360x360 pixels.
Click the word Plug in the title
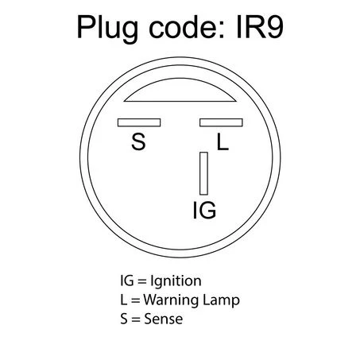[107, 29]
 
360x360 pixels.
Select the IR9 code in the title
[260, 27]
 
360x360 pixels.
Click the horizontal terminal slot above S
[139, 122]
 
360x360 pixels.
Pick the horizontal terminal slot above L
[221, 122]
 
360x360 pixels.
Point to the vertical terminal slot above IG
[203, 173]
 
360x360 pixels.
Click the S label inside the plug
[138, 141]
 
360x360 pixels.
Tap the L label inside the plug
[223, 141]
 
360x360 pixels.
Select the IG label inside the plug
[205, 210]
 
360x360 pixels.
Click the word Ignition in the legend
[176, 281]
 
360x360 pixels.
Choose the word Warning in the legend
[172, 300]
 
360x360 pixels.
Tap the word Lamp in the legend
[221, 300]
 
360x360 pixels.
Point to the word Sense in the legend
[164, 319]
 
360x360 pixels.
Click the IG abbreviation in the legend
[127, 281]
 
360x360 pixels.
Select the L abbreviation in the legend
[124, 300]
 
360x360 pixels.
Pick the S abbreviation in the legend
[124, 319]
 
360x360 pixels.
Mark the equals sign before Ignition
[142, 281]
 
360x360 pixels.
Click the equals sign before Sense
[136, 319]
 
